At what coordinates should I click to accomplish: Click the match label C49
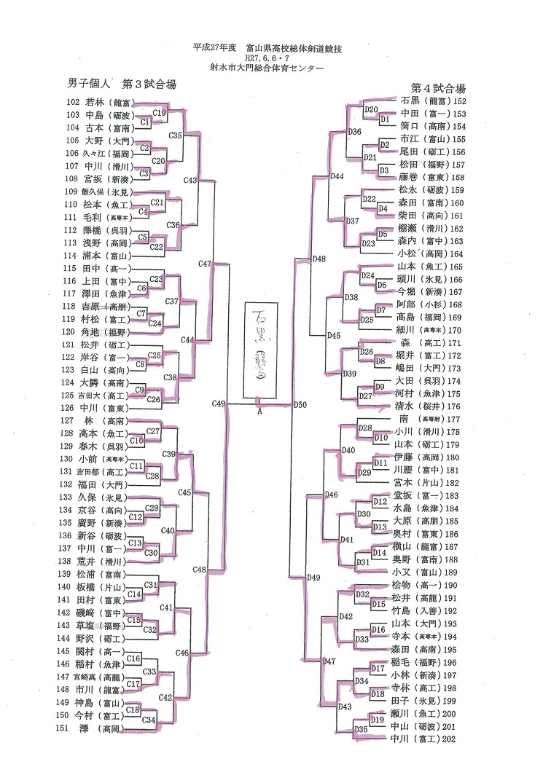tap(219, 403)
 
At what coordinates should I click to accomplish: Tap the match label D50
tap(300, 404)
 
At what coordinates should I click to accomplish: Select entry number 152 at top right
tap(459, 101)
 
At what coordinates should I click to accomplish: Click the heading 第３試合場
tap(149, 84)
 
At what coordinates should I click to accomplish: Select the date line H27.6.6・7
tap(272, 58)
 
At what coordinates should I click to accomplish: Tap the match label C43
tap(190, 180)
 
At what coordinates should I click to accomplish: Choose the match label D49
tap(314, 577)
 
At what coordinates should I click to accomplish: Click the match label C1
tap(145, 122)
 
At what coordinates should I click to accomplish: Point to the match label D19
tap(377, 720)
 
